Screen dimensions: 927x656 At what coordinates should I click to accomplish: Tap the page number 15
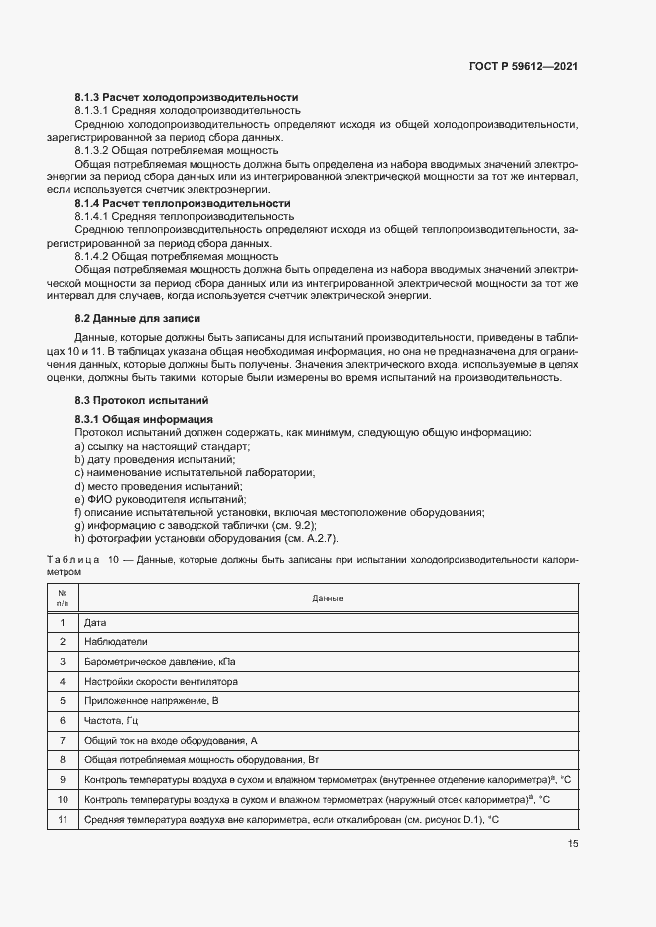(573, 844)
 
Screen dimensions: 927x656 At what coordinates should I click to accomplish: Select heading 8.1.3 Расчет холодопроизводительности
(187, 98)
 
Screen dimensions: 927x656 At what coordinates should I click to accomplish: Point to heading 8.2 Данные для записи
(138, 319)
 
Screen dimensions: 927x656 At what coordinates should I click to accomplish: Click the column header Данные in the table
(328, 599)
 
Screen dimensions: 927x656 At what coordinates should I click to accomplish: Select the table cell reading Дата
(96, 622)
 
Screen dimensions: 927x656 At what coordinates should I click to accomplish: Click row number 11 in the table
(63, 819)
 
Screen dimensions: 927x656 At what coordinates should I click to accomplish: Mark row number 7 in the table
(63, 740)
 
